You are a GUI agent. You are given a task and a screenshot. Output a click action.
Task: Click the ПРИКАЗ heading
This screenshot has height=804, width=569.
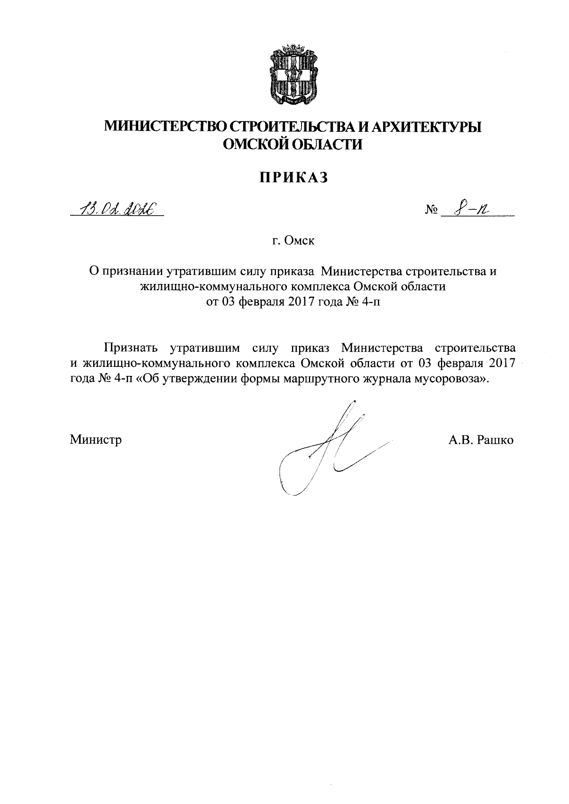tap(293, 177)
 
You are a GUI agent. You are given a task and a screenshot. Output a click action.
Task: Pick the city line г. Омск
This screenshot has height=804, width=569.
tap(290, 241)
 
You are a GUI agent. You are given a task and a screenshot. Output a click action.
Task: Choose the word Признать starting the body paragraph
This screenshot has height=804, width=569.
tap(130, 348)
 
